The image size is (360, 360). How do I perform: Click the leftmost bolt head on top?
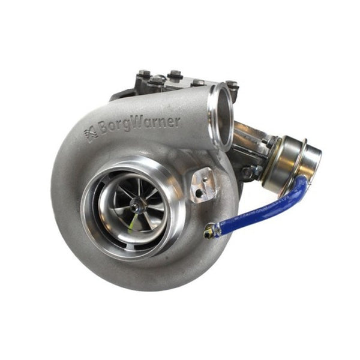point(143,76)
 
